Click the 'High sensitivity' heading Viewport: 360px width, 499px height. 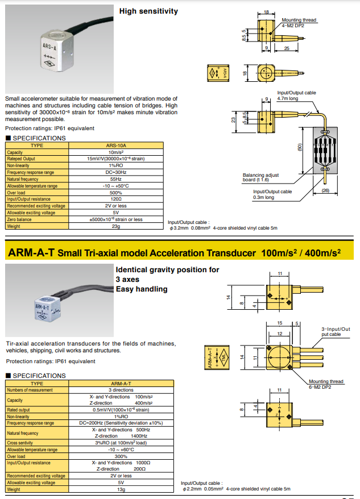click(x=148, y=11)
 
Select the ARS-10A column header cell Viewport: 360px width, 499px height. click(x=116, y=145)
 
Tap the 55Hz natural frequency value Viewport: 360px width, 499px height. click(x=116, y=179)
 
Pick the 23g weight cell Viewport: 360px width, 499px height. click(x=116, y=226)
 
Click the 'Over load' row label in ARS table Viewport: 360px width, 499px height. click(x=16, y=193)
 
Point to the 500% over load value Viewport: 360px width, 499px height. click(x=116, y=193)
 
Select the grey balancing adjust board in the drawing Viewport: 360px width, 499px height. click(x=325, y=151)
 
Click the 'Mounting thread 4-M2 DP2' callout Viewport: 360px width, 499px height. click(x=299, y=23)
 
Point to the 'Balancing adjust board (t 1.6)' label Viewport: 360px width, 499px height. click(x=260, y=177)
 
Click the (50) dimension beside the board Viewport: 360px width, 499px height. click(x=300, y=147)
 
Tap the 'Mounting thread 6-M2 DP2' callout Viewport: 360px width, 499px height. click(x=326, y=384)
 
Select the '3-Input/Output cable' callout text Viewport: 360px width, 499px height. click(x=336, y=331)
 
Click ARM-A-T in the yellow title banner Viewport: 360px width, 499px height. click(x=31, y=253)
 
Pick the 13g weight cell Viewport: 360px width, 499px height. click(x=121, y=489)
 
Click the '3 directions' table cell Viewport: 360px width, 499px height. click(x=121, y=390)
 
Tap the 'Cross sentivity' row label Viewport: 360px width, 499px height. click(x=20, y=443)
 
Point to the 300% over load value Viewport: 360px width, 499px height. click(x=121, y=456)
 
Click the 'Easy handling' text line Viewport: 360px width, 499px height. click(x=142, y=289)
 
